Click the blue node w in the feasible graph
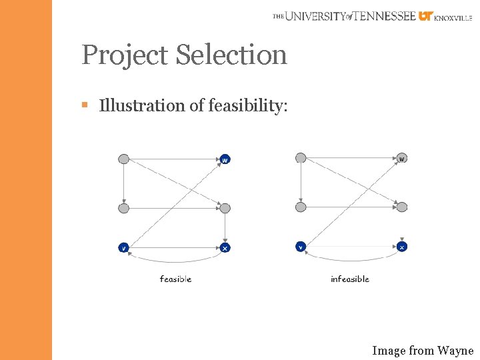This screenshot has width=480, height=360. pyautogui.click(x=225, y=159)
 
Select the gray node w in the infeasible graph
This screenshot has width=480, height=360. pyautogui.click(x=402, y=158)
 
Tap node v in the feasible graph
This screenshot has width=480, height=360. pyautogui.click(x=123, y=248)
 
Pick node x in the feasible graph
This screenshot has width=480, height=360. pyautogui.click(x=225, y=248)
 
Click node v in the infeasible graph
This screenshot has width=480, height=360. pyautogui.click(x=301, y=247)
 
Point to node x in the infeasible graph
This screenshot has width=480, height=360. pyautogui.click(x=402, y=247)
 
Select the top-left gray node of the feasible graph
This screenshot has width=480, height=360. pyautogui.click(x=123, y=159)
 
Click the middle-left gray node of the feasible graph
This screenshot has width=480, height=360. pyautogui.click(x=123, y=209)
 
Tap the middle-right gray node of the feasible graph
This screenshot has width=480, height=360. pyautogui.click(x=225, y=209)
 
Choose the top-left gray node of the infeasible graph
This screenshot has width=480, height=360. pyautogui.click(x=301, y=158)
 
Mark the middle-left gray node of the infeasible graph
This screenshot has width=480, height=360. pyautogui.click(x=301, y=207)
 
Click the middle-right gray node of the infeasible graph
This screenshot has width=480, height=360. pyautogui.click(x=402, y=207)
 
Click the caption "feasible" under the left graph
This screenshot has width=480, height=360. pyautogui.click(x=175, y=279)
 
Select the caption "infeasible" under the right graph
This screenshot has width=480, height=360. pyautogui.click(x=350, y=279)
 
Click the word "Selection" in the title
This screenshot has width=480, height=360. pyautogui.click(x=232, y=55)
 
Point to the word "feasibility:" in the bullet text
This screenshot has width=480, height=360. pyautogui.click(x=248, y=106)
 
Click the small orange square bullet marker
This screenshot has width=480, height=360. pyautogui.click(x=85, y=105)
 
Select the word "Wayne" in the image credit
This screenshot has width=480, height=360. pyautogui.click(x=455, y=350)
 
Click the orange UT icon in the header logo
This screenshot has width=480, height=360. pyautogui.click(x=425, y=16)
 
